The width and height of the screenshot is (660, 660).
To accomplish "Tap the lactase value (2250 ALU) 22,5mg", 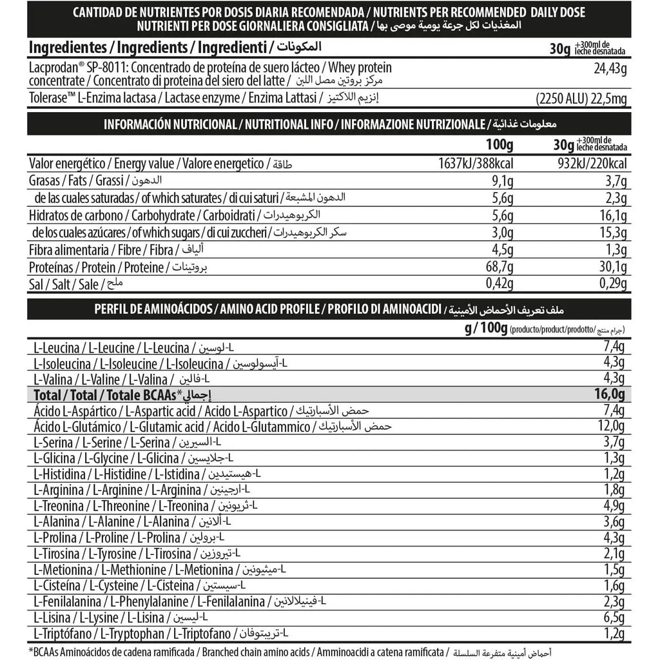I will click(x=581, y=99).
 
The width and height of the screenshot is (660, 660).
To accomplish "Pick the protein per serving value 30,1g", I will click(x=612, y=267).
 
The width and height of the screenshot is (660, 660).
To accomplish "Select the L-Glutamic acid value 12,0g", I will click(x=610, y=427).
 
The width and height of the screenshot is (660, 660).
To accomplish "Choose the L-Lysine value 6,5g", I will click(x=614, y=617).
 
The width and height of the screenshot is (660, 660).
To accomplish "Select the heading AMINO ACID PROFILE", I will click(x=267, y=309).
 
